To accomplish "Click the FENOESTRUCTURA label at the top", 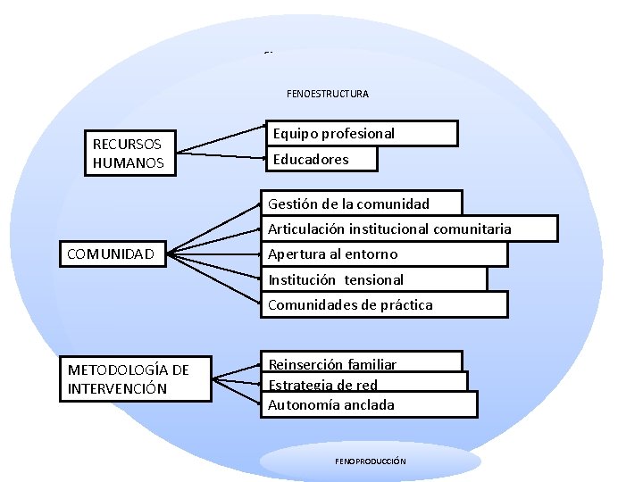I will tap(327, 94).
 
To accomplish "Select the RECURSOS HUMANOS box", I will tap(129, 154).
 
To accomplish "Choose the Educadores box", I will tap(321, 159).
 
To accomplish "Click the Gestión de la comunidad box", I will tap(362, 204).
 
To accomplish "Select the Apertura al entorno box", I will tap(384, 254).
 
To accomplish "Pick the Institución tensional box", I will tap(375, 279).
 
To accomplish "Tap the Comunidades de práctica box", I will tap(384, 304).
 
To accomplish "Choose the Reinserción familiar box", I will tap(363, 361).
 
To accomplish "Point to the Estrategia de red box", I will tap(366, 384).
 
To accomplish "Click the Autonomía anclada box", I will tap(371, 405).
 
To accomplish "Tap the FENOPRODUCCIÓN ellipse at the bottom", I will tap(371, 461).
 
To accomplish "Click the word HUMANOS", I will tap(129, 163).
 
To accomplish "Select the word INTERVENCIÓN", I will tap(117, 389).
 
